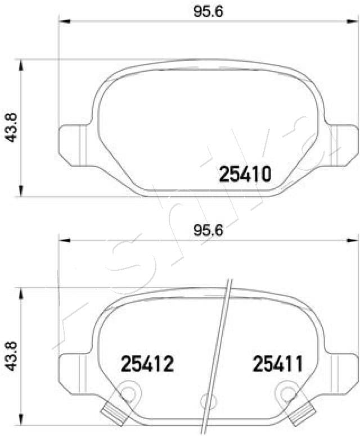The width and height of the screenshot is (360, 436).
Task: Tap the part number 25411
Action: point(277,365)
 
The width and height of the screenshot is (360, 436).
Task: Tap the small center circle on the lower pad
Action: point(206,401)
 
